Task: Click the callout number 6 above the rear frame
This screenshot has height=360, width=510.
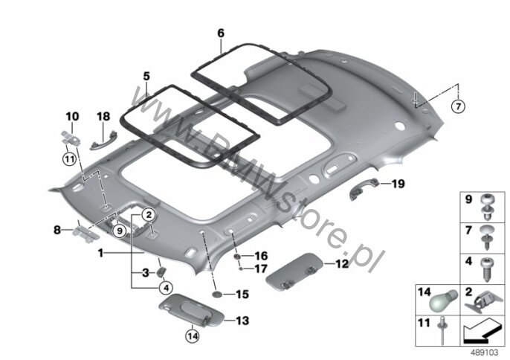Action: (x=221, y=33)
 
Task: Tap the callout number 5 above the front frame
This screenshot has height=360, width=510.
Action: (x=146, y=77)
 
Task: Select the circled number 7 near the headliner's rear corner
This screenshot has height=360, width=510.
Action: (x=458, y=106)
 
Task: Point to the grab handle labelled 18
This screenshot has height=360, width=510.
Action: (x=103, y=140)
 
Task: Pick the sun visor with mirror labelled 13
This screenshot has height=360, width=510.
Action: (x=192, y=309)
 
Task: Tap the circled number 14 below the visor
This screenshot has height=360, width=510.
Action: (x=193, y=335)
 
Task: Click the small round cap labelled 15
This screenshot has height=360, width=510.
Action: (x=216, y=295)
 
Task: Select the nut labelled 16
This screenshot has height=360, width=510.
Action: (x=237, y=257)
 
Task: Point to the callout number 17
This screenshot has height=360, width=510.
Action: (x=260, y=269)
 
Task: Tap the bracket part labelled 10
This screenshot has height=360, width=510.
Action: (x=71, y=138)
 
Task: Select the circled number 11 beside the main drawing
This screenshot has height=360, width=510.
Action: (x=69, y=159)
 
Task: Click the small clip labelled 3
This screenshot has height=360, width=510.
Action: (x=161, y=271)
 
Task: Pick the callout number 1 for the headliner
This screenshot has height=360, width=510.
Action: (x=101, y=253)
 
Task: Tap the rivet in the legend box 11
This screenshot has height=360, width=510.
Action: (x=442, y=330)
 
